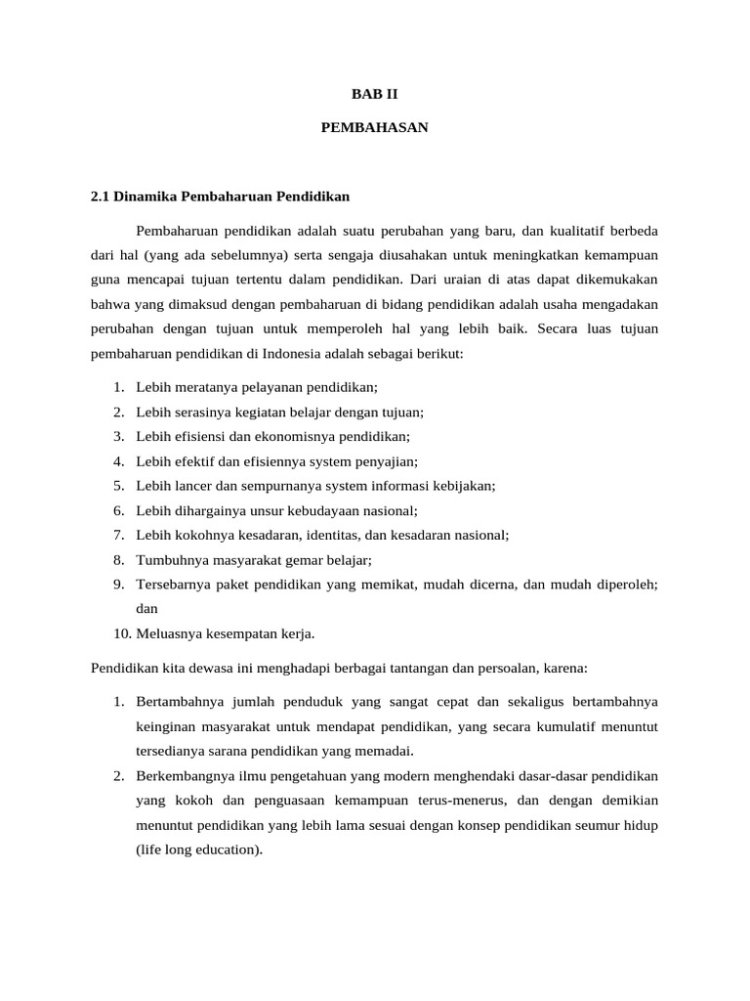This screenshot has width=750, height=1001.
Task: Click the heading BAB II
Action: pyautogui.click(x=375, y=95)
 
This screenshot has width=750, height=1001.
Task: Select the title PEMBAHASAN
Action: pyautogui.click(x=375, y=128)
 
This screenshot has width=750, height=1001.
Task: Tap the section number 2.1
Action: pyautogui.click(x=101, y=196)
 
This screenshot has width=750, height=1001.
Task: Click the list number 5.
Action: pyautogui.click(x=117, y=485)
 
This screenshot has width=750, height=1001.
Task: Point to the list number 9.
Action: pyautogui.click(x=117, y=584)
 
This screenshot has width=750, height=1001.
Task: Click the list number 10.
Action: pyautogui.click(x=120, y=633)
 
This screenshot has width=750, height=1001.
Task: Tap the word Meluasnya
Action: pyautogui.click(x=169, y=633)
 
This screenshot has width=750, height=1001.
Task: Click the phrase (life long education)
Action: pyautogui.click(x=199, y=849)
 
